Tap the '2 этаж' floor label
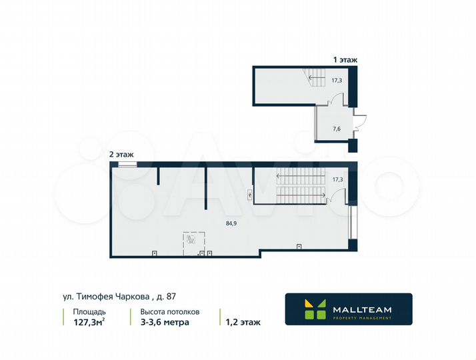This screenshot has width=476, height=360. coord(122,154)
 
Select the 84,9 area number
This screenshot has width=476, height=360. coord(231,223)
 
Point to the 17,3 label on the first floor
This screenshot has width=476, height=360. coord(337,80)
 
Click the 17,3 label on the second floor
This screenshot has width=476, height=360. coord(337,179)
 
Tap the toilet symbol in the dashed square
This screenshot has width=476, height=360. coord(191,239)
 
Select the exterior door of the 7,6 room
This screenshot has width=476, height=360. coord(360,121)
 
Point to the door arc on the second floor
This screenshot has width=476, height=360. coord(338,196)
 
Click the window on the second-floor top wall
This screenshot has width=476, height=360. coord(127,163)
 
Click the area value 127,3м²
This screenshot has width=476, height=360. coord(88,322)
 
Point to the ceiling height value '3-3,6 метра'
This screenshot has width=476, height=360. coord(164,322)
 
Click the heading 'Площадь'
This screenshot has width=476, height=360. coord(89,311)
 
